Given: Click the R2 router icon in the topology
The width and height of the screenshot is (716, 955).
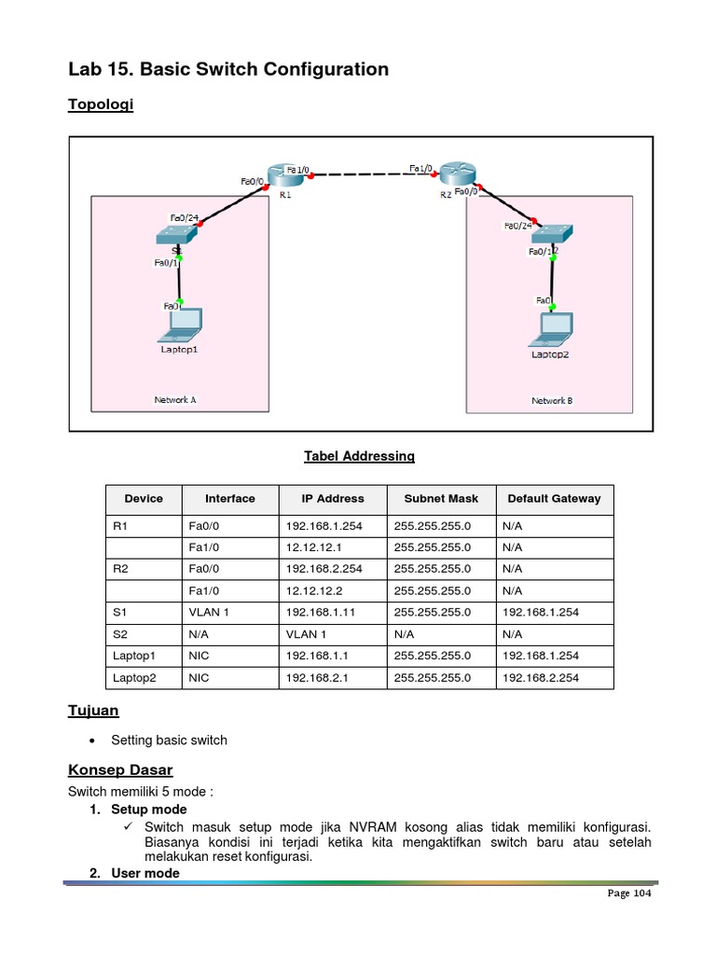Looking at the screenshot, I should click(458, 174).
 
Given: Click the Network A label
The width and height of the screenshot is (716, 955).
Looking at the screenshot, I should click(175, 400).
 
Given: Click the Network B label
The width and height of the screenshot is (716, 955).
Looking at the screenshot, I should click(552, 400).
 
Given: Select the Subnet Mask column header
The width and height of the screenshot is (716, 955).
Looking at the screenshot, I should click(441, 499).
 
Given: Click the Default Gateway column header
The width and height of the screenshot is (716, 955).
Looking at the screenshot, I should click(554, 499).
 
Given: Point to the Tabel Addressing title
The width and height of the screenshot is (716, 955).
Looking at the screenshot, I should click(359, 456).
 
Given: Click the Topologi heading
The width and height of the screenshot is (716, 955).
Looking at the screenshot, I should click(101, 104).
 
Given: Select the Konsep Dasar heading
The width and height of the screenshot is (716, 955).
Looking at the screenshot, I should click(120, 770).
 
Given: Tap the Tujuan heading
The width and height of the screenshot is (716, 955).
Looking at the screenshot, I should click(93, 711).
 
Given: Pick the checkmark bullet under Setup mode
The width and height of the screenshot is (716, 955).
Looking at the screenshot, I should click(130, 827).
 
